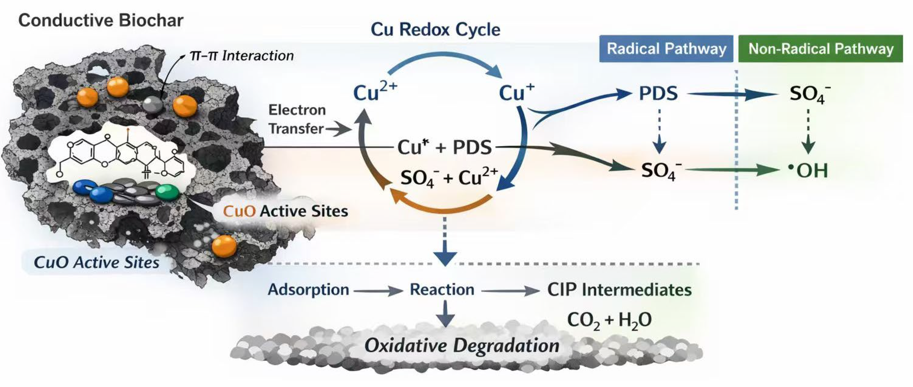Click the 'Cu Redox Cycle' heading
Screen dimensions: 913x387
[x=436, y=29]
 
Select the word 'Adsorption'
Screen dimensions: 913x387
[x=308, y=290]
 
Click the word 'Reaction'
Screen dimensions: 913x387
[x=442, y=290]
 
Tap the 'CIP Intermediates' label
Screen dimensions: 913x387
[x=619, y=290]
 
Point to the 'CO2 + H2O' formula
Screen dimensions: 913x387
[x=609, y=320]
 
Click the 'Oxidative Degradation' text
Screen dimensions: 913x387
[x=462, y=346]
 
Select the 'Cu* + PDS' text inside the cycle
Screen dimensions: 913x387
[x=445, y=147]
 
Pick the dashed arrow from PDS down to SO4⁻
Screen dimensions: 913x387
[x=659, y=131]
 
